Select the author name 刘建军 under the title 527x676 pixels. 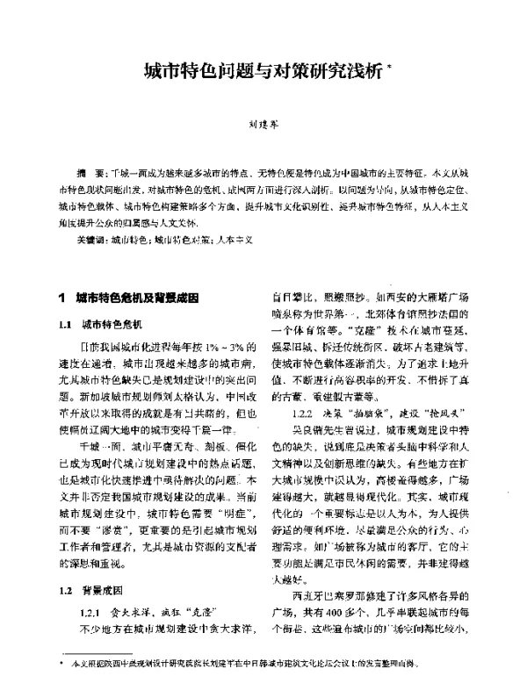coord(263,125)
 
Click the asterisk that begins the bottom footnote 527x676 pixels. coord(61,660)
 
